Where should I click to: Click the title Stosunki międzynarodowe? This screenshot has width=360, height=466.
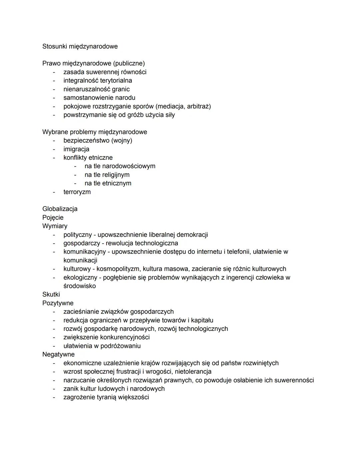(80, 46)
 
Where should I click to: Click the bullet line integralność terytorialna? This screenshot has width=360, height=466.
(98, 81)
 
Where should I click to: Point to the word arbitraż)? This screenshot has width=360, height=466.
(199, 106)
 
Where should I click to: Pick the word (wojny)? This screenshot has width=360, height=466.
(122, 140)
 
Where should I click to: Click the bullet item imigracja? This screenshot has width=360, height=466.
(76, 149)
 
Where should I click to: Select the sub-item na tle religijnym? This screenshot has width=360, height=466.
(107, 175)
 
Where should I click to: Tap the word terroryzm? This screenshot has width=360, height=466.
(77, 192)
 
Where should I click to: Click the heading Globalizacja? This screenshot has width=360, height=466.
(60, 209)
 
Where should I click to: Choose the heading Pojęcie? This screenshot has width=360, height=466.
(53, 217)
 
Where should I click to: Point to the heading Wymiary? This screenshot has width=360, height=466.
(55, 226)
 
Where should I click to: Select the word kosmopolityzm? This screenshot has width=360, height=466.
(118, 269)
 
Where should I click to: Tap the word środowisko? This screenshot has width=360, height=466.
(79, 286)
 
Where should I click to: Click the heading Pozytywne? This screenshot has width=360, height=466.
(58, 303)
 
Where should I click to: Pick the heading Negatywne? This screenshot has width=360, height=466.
(58, 355)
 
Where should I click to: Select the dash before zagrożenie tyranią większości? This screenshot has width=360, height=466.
(53, 397)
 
